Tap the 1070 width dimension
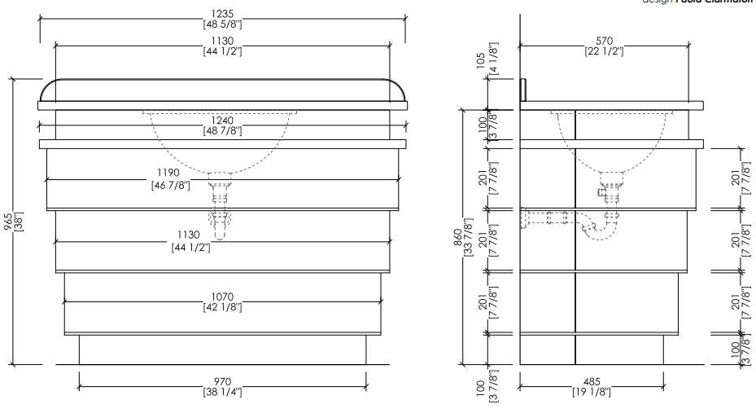[x=222, y=297]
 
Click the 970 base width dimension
[x=222, y=381]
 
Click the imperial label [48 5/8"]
[x=222, y=25]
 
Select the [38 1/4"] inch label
[x=222, y=392]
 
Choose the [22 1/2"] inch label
[x=603, y=51]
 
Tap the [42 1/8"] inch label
[x=222, y=307]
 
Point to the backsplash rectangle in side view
[x=525, y=86]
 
